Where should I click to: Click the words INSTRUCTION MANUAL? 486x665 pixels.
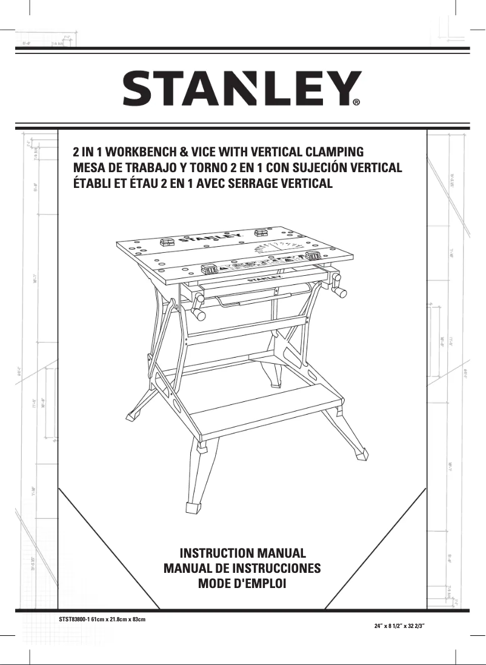click(x=242, y=553)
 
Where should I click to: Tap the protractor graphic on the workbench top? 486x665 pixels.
click(x=280, y=249)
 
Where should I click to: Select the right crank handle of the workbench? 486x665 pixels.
click(x=340, y=294)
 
